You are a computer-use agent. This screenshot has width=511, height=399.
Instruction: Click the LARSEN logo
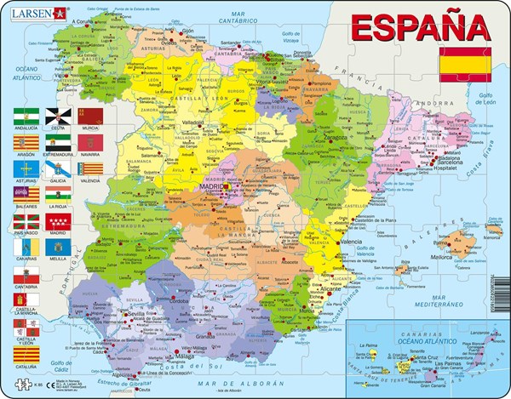click(36, 12)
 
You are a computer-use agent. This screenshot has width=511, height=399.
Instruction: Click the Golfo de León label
click(485, 100)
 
